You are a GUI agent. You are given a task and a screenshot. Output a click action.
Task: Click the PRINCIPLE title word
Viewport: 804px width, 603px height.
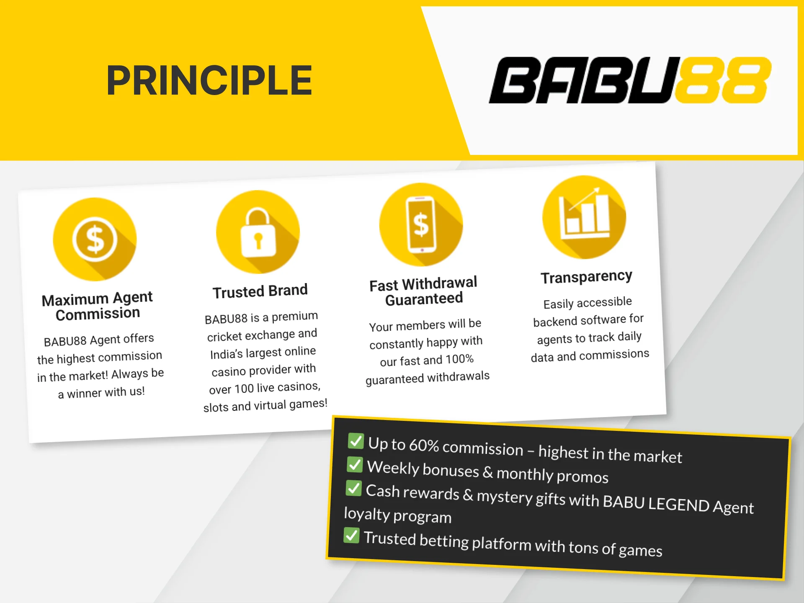(x=209, y=80)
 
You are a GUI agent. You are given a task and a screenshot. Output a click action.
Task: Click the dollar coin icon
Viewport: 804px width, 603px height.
(x=95, y=240)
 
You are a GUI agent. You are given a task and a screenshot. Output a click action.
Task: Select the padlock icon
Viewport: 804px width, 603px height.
(x=258, y=232)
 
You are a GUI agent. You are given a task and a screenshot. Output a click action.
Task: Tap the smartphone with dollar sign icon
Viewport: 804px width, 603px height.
(x=421, y=225)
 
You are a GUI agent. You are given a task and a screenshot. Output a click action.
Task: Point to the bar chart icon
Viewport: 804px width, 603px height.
(x=584, y=217)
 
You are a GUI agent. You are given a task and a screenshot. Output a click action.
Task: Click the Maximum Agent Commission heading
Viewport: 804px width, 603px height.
(x=98, y=306)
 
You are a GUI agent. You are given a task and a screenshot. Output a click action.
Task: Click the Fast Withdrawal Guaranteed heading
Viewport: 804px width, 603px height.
(x=423, y=291)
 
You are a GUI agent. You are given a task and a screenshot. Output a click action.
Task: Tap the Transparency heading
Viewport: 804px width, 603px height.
(x=586, y=277)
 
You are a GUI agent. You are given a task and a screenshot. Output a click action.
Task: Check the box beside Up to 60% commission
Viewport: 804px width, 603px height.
(x=356, y=441)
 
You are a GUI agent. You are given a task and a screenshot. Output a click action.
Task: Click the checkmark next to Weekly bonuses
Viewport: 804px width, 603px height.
(x=355, y=464)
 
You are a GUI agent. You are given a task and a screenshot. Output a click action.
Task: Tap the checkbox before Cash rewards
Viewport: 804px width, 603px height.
(x=353, y=488)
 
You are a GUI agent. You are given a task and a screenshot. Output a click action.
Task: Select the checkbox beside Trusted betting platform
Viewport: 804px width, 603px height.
(x=351, y=535)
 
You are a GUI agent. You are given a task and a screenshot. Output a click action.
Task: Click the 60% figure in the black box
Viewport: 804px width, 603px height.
(x=424, y=446)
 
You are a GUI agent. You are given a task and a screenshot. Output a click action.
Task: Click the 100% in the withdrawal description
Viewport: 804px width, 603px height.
(x=459, y=359)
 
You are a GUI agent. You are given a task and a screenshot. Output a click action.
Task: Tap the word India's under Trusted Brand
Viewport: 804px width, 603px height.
(x=226, y=355)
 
